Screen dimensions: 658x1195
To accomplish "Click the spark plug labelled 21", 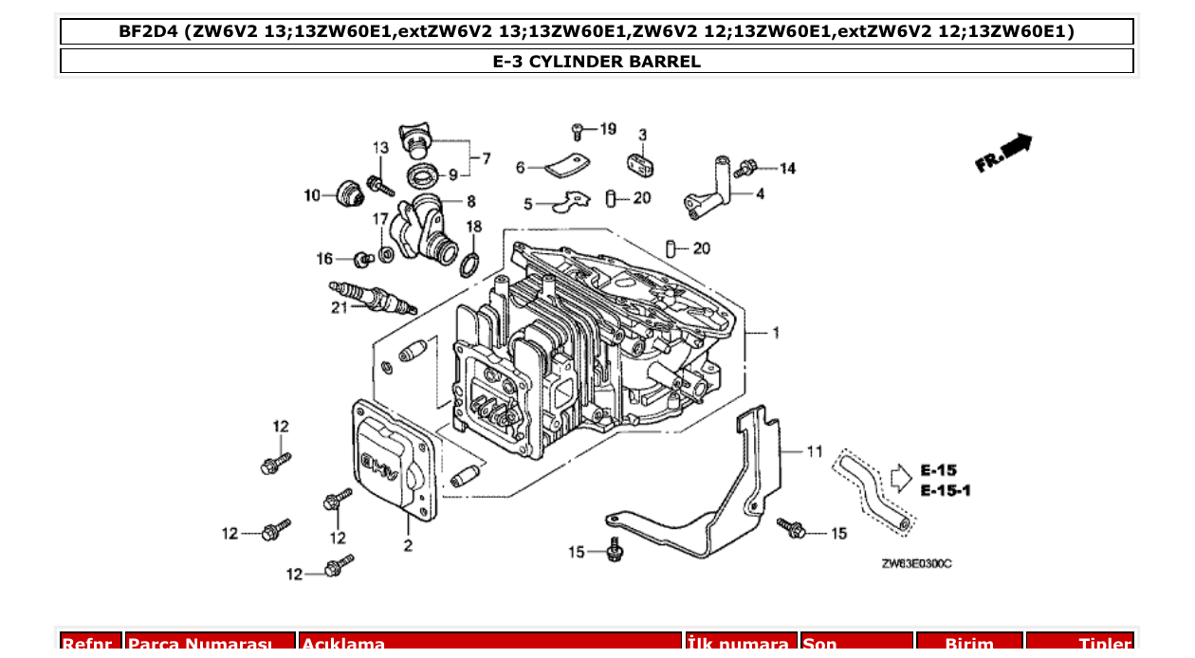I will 372,297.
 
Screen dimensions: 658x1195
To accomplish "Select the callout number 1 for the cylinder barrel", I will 776,333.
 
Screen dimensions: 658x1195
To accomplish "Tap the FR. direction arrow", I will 1003,154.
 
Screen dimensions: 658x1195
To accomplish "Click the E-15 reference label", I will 939,470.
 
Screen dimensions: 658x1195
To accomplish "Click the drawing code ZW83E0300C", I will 916,564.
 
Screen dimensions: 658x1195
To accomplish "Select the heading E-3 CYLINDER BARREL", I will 597,62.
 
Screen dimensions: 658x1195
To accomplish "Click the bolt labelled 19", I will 578,130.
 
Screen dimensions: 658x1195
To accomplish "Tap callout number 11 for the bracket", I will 815,451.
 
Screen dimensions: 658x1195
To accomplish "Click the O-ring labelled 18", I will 469,264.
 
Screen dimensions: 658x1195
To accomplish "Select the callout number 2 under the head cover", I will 408,545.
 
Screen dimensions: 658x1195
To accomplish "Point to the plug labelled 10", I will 349,192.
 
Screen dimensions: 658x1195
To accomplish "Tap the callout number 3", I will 642,135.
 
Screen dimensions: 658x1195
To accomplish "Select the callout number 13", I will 380,148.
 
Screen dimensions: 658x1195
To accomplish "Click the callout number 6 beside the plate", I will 520,168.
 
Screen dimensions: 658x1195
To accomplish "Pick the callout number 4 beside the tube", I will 761,194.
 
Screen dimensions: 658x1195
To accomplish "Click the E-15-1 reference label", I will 946,490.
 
